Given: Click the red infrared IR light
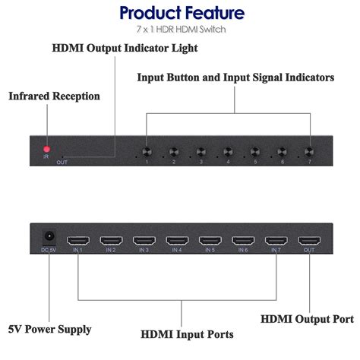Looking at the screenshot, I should [46, 149].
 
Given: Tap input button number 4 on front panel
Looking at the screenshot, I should [228, 151].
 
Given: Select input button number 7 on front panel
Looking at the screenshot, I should [309, 151].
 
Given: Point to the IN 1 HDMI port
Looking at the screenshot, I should [78, 241].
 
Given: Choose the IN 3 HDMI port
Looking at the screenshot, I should [144, 241].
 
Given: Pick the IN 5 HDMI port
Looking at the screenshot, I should [210, 241].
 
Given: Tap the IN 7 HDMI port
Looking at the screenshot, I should [275, 241].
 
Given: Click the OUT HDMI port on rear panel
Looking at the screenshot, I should [308, 241].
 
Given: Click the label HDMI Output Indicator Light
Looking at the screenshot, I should [125, 49].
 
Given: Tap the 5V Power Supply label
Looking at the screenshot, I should [51, 329].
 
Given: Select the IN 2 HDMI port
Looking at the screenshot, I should [111, 241].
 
